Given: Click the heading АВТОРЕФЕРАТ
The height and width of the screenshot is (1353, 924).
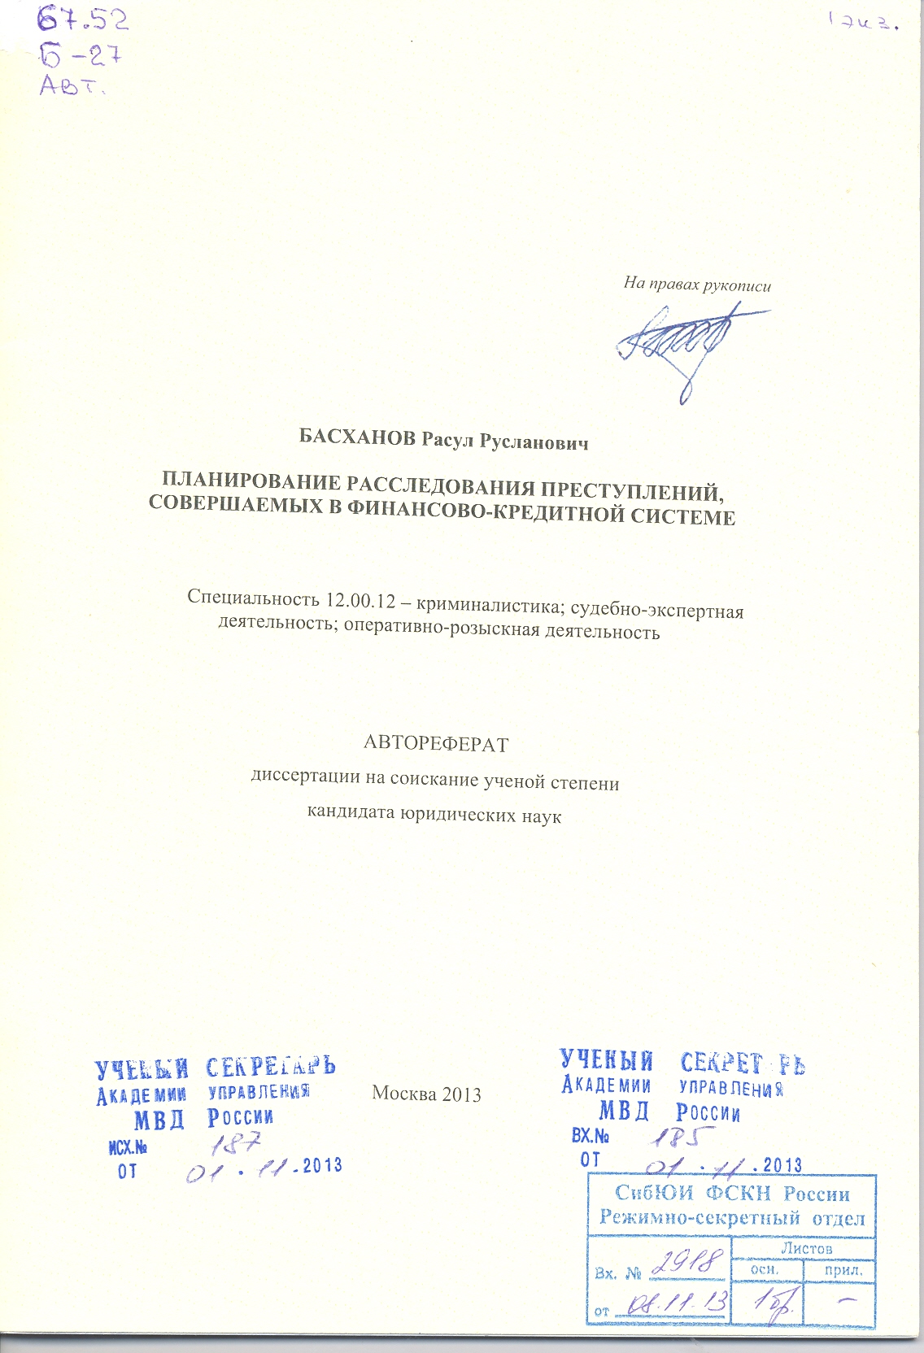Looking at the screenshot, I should [435, 743].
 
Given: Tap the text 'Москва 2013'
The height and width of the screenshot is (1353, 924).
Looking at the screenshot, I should [426, 1094].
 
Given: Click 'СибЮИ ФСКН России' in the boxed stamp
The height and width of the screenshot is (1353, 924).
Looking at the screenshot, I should [731, 1194].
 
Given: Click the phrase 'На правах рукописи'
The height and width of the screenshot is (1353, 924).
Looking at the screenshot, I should [697, 285].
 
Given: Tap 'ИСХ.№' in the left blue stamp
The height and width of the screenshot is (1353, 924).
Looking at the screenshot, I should [128, 1148].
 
